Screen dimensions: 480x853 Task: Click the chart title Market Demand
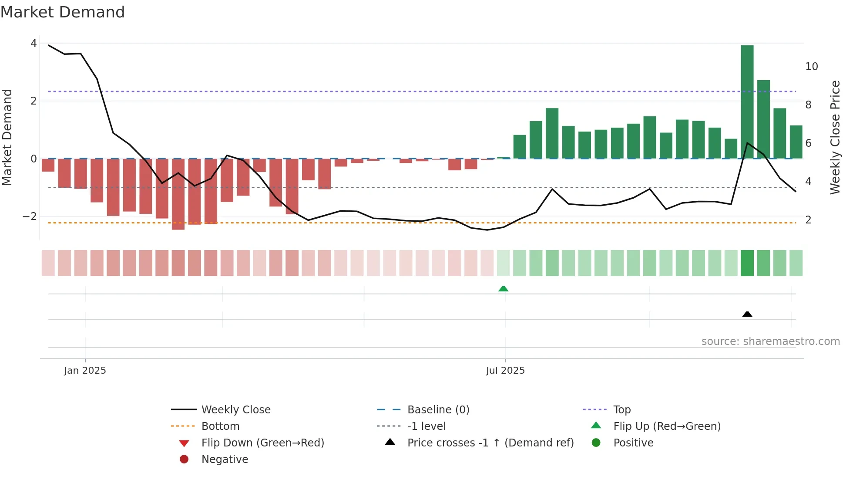[63, 12]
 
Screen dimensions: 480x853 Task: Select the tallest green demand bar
[747, 102]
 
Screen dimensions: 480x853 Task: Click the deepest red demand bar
[178, 194]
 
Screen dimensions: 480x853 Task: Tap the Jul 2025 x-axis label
[505, 371]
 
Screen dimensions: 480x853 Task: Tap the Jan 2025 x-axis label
[85, 371]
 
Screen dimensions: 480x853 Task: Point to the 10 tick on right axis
[811, 67]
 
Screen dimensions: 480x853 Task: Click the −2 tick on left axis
[29, 216]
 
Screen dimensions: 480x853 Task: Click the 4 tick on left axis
[34, 44]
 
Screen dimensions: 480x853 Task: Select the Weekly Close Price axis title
[835, 137]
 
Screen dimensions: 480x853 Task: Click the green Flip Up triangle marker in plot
[503, 289]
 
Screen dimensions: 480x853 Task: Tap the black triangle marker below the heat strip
[747, 314]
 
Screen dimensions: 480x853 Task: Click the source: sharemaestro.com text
[770, 341]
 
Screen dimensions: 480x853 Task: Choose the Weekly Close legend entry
[235, 410]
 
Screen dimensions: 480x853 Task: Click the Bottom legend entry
[220, 426]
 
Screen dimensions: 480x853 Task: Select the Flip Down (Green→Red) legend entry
[262, 443]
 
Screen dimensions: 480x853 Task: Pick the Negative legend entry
[225, 460]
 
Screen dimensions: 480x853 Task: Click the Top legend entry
[621, 410]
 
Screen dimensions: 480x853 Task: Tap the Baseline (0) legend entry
[438, 410]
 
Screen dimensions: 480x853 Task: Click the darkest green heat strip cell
[747, 263]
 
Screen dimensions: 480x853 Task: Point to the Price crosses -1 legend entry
[490, 443]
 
